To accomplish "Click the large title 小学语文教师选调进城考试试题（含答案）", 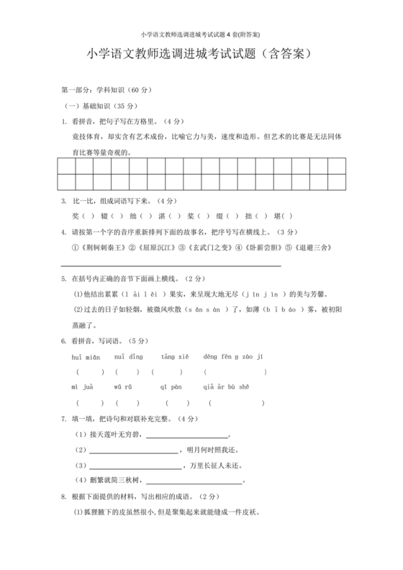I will click(201, 54).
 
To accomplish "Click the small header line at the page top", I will click(201, 34).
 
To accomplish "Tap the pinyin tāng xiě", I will click(175, 356).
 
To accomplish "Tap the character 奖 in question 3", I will click(76, 215).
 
